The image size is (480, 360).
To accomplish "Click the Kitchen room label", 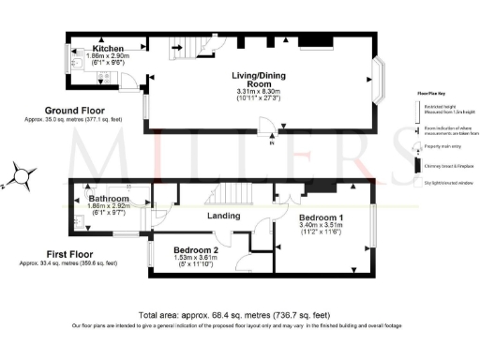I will point(109,48).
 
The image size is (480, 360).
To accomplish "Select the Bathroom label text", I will point(109,200).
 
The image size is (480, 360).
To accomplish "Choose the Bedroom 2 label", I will point(197,250).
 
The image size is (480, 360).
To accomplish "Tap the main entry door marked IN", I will point(272,130).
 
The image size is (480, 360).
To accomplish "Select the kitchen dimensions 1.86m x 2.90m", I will point(109,57).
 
